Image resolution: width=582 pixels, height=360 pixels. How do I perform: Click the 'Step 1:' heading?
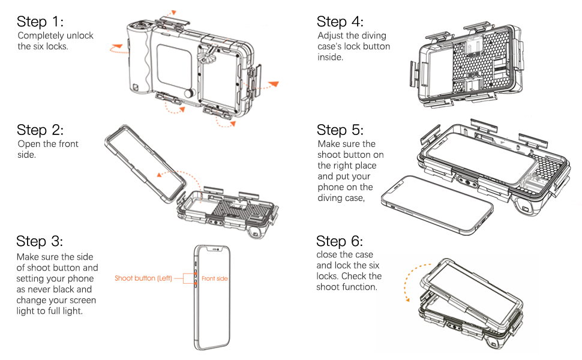pos(40,22)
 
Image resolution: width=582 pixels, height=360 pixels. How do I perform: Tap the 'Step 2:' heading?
pos(40,130)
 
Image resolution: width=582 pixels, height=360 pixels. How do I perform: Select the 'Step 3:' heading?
pos(40,241)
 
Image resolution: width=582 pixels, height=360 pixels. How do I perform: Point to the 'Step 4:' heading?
pos(340,22)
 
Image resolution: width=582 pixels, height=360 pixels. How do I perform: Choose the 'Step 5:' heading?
pos(340,130)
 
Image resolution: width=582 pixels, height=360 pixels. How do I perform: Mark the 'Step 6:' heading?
pos(340,241)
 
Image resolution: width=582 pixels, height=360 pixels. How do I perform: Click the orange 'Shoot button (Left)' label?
pos(143,278)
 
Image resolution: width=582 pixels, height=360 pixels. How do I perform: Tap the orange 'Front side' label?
pos(215,278)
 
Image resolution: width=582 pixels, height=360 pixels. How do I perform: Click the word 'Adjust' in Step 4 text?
pos(330,35)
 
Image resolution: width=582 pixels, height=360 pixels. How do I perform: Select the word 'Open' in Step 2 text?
pos(29,144)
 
